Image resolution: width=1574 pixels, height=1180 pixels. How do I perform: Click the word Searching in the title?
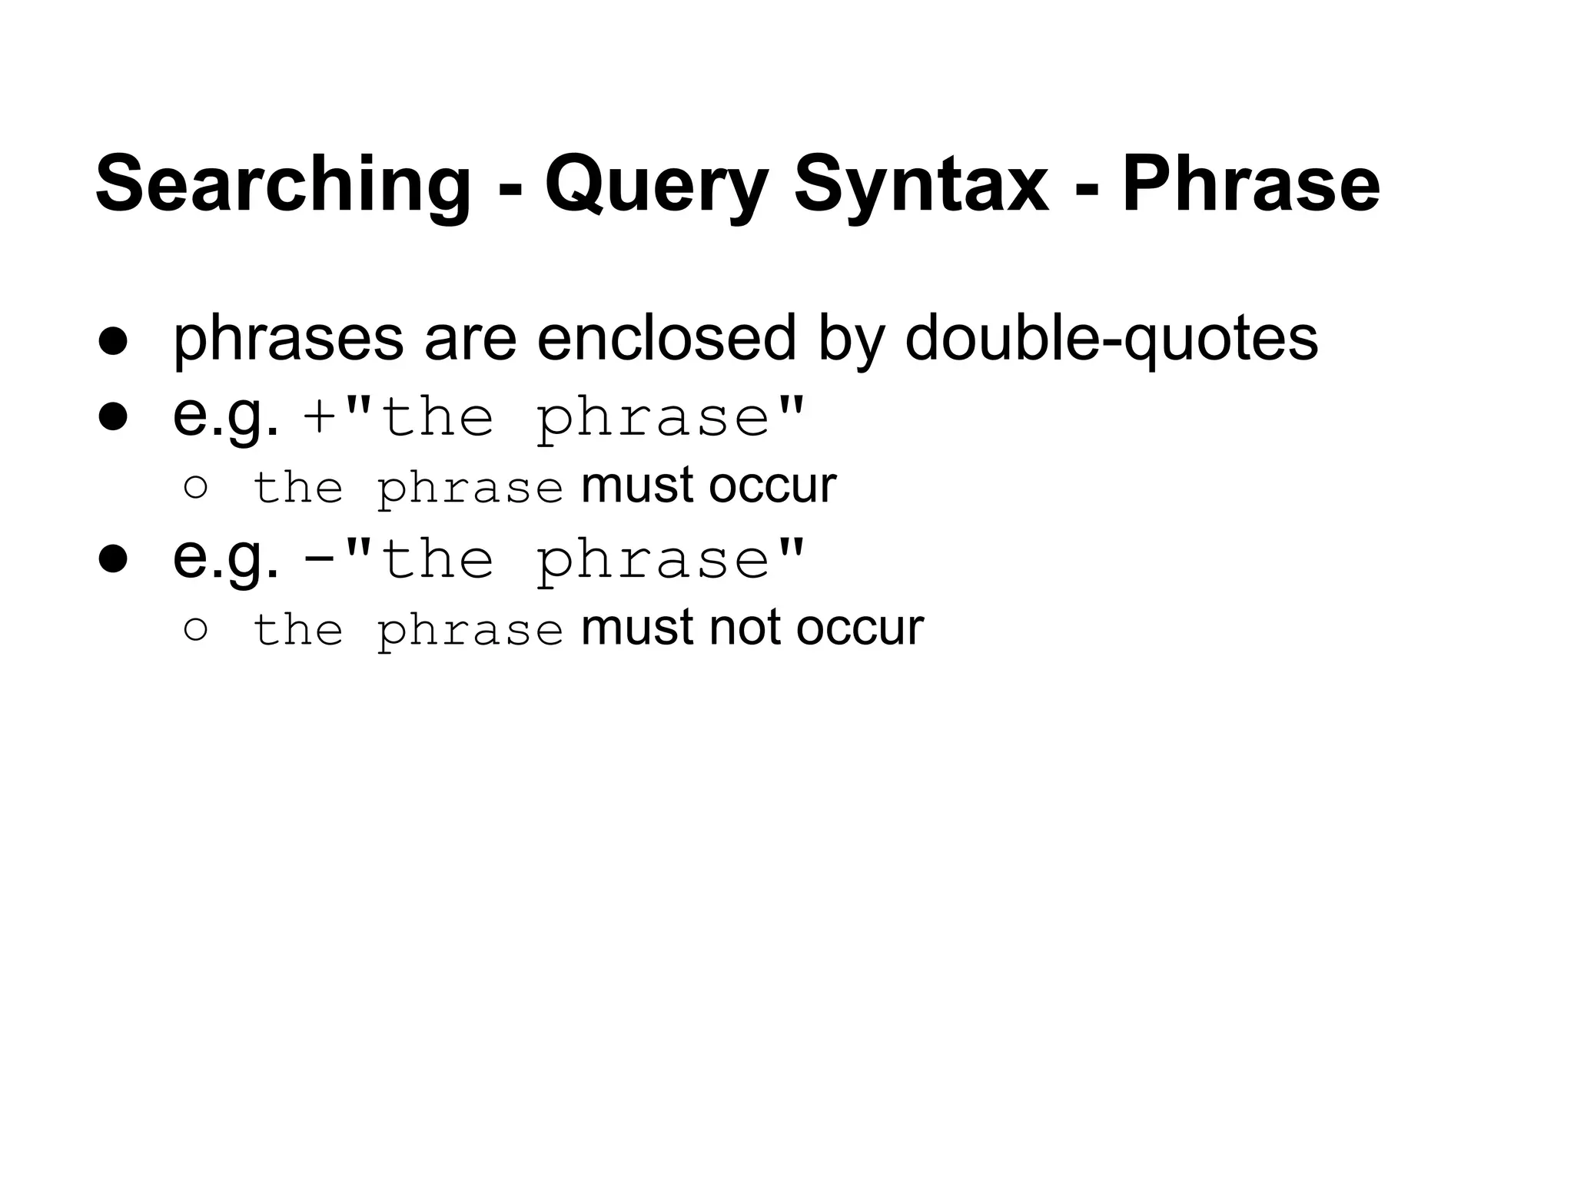283,185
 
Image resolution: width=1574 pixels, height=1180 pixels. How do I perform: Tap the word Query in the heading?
656,185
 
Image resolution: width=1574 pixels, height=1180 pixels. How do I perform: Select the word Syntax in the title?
921,185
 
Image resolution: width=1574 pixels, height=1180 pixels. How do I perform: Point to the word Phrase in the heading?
1250,185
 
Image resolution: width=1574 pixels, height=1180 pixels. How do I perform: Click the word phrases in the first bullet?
288,340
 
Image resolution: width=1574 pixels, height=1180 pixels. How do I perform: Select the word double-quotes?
1111,340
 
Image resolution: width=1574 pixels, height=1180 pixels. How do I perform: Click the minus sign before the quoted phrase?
318,560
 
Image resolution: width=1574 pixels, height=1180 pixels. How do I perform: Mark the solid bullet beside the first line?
112,343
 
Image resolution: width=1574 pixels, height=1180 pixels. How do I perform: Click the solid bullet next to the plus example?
112,417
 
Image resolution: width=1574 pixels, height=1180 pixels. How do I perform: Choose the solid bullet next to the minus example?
112,559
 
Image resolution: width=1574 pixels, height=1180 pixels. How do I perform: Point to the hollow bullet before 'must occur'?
196,488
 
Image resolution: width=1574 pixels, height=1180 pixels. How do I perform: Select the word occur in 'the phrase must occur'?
772,486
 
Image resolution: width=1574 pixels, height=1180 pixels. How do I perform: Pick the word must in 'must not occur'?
638,628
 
